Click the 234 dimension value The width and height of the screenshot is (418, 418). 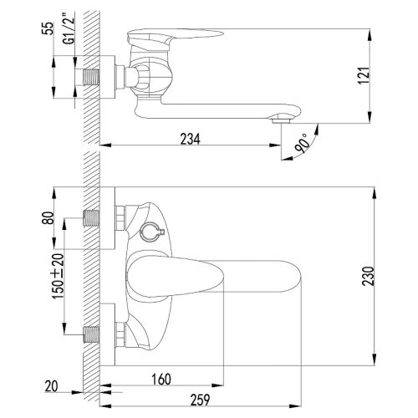(190, 139)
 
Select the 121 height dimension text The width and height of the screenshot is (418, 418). (364, 75)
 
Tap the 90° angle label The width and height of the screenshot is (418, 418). (301, 144)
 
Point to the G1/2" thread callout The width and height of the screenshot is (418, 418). (69, 28)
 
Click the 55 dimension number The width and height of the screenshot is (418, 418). (48, 28)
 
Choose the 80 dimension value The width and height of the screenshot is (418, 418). (48, 218)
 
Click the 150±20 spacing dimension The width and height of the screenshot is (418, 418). (59, 276)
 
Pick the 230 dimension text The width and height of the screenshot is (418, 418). (368, 276)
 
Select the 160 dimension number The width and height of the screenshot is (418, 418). (161, 380)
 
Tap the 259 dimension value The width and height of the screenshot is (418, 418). (200, 400)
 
